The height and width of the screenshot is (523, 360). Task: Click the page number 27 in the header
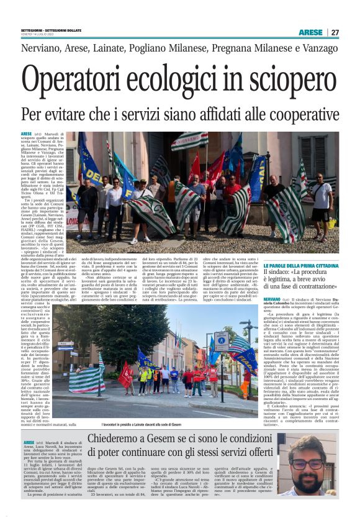[x=335, y=32]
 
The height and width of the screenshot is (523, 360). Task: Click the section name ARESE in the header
[x=310, y=32]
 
